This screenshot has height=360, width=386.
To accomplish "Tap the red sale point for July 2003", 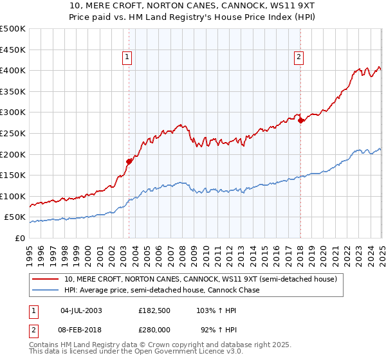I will (129, 161).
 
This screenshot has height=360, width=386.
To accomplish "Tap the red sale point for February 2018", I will (300, 120).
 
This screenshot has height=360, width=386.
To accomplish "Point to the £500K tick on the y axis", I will (13, 29).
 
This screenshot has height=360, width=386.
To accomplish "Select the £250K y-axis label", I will (13, 133).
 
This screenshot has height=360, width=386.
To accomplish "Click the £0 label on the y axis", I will (19, 239).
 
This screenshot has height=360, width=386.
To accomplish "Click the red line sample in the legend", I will (45, 279).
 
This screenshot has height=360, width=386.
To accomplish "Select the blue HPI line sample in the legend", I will (45, 290).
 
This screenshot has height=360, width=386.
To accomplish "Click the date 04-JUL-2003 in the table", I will (81, 310).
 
